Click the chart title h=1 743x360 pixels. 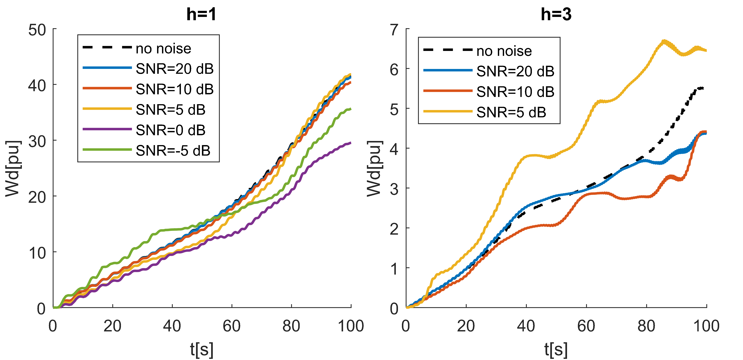click(x=201, y=14)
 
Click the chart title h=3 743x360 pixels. click(x=556, y=14)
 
